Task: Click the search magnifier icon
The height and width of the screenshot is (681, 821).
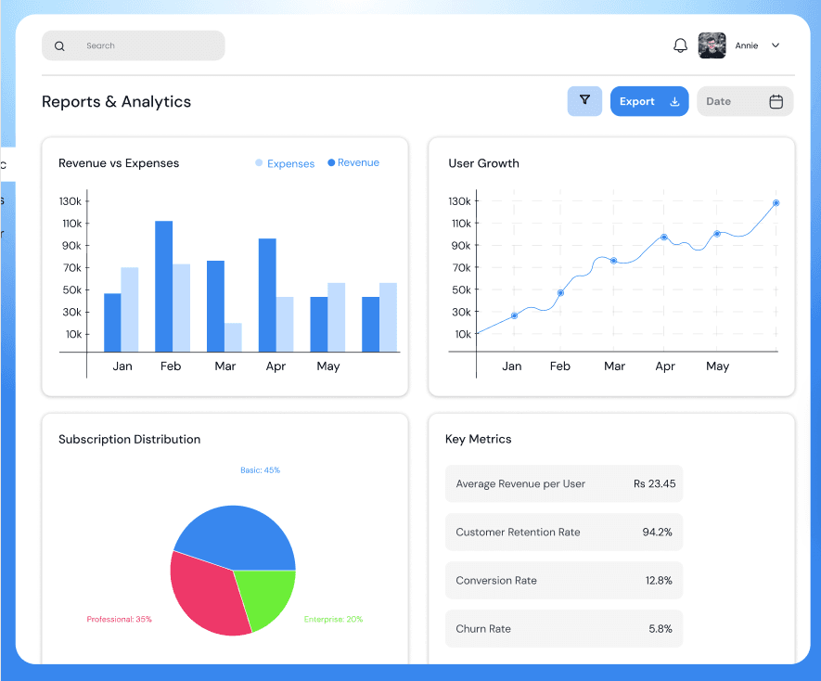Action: coord(59,46)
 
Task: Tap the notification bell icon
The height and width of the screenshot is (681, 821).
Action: coord(680,45)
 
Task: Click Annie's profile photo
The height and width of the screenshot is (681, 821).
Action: coord(712,45)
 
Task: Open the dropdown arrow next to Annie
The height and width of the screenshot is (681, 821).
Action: coord(776,45)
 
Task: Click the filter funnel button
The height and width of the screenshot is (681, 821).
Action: coord(584,101)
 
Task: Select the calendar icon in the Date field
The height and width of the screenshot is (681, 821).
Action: coord(776,102)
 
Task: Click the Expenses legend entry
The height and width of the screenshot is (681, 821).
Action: coord(285,164)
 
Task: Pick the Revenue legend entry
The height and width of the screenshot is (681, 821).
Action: coord(353,163)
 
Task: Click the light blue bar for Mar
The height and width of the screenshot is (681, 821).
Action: coord(232,337)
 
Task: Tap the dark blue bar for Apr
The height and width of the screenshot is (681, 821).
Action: coord(267,295)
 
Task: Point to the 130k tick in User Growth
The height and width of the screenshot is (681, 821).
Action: coord(460,201)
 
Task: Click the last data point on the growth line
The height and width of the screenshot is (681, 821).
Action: coord(776,203)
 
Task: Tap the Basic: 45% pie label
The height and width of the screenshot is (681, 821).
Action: coord(260,470)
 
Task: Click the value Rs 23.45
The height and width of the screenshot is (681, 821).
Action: coord(654,483)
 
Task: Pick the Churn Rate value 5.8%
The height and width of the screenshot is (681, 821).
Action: coord(660,629)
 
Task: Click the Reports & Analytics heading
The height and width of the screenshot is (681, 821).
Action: coord(116,102)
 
